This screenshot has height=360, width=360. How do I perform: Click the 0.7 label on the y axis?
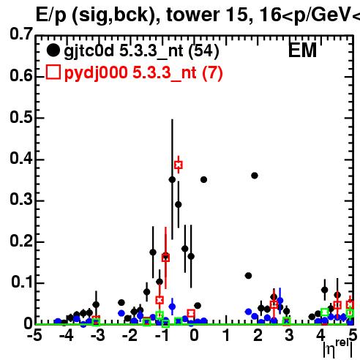[x=21, y=34]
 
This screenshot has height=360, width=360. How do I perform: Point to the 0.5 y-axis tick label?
[x=21, y=117]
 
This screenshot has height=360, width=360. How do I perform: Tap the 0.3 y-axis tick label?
[x=21, y=199]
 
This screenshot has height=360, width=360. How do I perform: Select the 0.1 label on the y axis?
[x=22, y=282]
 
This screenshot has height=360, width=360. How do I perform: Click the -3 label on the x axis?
[x=98, y=335]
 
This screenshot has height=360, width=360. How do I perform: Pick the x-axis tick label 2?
[x=258, y=335]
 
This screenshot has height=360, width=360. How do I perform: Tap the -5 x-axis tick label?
[x=34, y=335]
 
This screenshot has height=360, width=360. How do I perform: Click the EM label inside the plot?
[x=302, y=50]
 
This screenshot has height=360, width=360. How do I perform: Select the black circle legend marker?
[x=53, y=50]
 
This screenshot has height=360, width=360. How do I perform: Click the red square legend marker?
[x=53, y=72]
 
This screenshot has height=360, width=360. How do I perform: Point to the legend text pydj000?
[x=96, y=73]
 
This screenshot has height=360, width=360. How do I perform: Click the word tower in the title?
[x=192, y=15]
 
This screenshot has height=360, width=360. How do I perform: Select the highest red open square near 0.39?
[x=179, y=165]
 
